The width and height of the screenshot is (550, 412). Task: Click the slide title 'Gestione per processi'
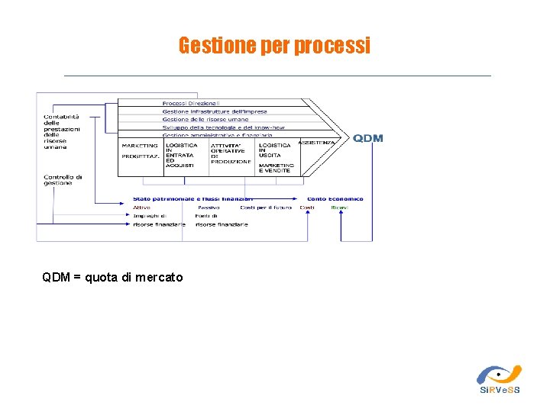click(x=274, y=46)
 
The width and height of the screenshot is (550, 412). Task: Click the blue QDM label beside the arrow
click(x=368, y=138)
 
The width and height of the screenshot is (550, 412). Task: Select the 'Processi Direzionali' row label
click(x=191, y=103)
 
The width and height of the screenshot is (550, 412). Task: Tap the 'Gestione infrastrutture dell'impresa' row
click(x=215, y=111)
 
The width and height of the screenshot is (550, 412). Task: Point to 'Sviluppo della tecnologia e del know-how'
click(x=223, y=127)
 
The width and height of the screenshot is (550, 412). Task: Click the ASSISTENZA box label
click(x=317, y=143)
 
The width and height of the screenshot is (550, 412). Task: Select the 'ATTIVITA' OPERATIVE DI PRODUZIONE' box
click(x=231, y=153)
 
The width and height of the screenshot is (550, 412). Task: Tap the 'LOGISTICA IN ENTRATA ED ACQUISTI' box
click(x=181, y=155)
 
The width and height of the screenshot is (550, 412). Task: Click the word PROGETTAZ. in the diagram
click(x=140, y=156)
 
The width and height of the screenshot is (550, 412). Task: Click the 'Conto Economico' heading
click(x=335, y=199)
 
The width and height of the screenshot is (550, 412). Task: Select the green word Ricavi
click(x=339, y=208)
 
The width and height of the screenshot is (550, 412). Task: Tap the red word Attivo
click(x=142, y=208)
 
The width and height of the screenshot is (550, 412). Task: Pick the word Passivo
click(x=209, y=208)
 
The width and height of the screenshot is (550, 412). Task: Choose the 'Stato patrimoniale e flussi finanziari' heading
click(x=192, y=199)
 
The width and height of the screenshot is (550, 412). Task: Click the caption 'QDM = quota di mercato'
click(x=113, y=278)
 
